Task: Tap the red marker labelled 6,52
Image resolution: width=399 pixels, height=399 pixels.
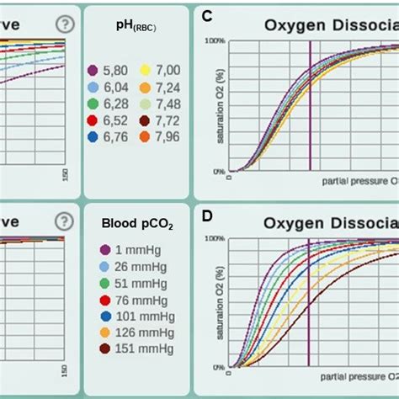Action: [96, 120]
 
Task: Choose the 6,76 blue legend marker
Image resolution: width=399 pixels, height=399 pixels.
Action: [96, 136]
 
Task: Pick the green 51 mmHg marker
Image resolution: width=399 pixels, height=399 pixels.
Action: [105, 282]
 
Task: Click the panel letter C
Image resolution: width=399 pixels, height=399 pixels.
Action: [207, 15]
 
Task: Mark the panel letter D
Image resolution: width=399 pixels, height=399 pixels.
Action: [207, 215]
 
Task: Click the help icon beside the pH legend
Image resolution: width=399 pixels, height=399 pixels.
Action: [63, 24]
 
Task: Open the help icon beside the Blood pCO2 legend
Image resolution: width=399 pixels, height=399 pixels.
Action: [63, 221]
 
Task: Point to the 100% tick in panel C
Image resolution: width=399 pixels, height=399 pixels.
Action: [215, 40]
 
